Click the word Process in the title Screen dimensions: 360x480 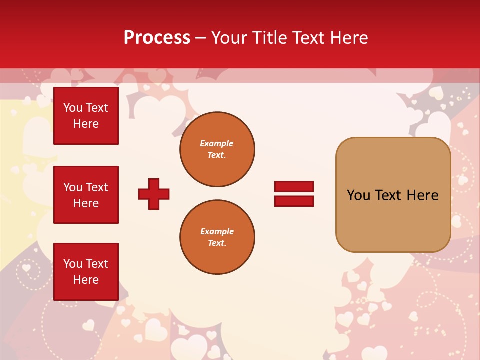point(157,38)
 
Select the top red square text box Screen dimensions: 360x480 point(86,116)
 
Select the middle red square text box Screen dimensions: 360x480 point(86,195)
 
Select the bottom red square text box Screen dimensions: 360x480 point(86,272)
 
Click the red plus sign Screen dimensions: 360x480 point(154,194)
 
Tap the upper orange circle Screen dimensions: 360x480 point(217,149)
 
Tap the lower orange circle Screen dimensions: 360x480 point(217,237)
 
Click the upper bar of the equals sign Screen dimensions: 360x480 point(294,186)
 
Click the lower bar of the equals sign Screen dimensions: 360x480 point(294,201)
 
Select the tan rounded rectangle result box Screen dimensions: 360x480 point(393,220)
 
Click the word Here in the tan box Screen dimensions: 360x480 point(422,195)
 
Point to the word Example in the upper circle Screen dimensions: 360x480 point(217,143)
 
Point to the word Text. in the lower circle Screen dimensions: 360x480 point(217,243)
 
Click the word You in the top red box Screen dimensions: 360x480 point(73,108)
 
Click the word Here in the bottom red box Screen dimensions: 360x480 point(86,280)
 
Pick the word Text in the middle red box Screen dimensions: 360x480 point(97,187)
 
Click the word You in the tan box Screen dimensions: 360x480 point(358,195)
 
